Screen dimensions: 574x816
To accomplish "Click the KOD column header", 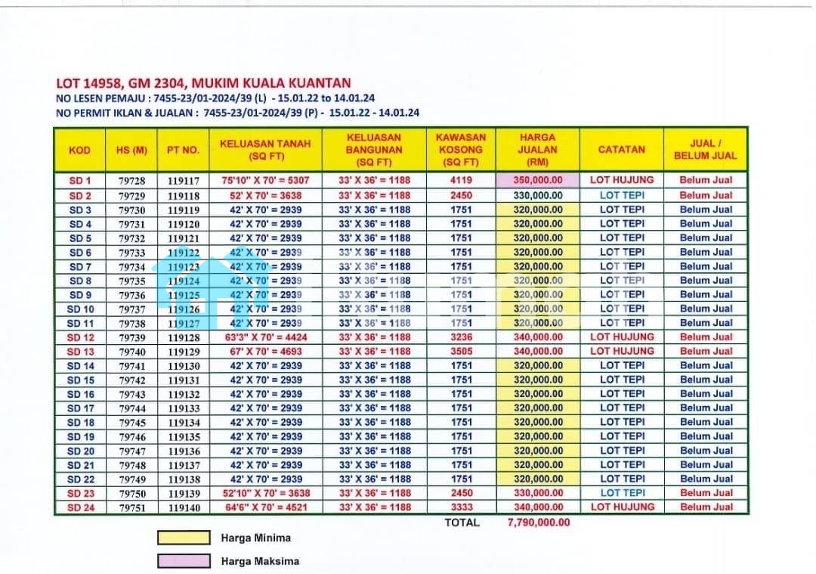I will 79,150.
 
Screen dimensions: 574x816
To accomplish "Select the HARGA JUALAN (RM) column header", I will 537,150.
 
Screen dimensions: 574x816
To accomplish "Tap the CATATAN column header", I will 621,150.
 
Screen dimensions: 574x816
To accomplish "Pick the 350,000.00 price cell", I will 537,181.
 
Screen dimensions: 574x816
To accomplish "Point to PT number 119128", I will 184,337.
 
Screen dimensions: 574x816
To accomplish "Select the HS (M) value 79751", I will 131,507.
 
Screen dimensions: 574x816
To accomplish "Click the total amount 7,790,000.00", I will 539,522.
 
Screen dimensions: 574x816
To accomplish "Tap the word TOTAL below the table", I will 462,522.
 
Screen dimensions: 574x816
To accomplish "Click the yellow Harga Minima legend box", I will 184,538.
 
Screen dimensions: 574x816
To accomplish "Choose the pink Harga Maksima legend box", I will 184,561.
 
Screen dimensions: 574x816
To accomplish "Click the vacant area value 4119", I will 461,181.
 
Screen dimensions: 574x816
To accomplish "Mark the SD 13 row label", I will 80,352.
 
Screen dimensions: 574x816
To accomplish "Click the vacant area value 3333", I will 461,507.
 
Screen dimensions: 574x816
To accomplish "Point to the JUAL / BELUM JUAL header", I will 705,150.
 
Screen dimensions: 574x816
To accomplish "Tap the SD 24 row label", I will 80,507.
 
